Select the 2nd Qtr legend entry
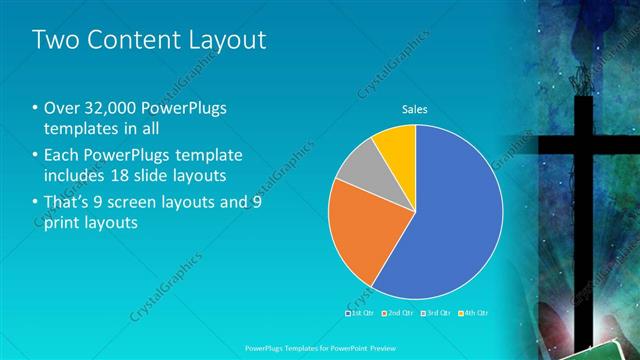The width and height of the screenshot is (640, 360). point(400,314)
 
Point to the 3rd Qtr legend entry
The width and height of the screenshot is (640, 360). point(437,314)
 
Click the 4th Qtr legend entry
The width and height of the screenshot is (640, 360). point(474,314)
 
